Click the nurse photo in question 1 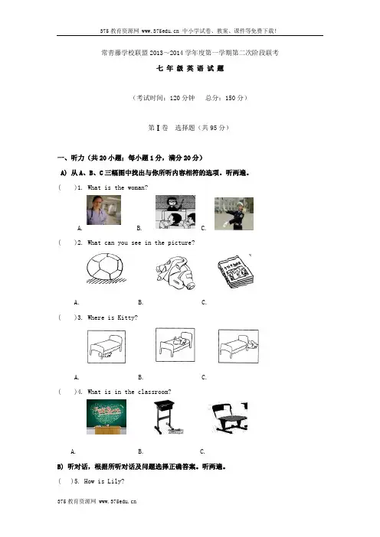103,210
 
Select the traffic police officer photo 234,213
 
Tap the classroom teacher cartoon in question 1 175,212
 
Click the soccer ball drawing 105,268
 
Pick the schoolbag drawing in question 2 175,272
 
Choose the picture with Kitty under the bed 106,347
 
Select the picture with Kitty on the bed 175,344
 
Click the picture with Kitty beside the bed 238,346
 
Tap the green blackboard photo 106,417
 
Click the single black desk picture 167,417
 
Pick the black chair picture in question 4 228,417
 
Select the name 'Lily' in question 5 114,481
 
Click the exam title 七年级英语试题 190,69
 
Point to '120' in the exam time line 175,98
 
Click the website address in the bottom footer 118,501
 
